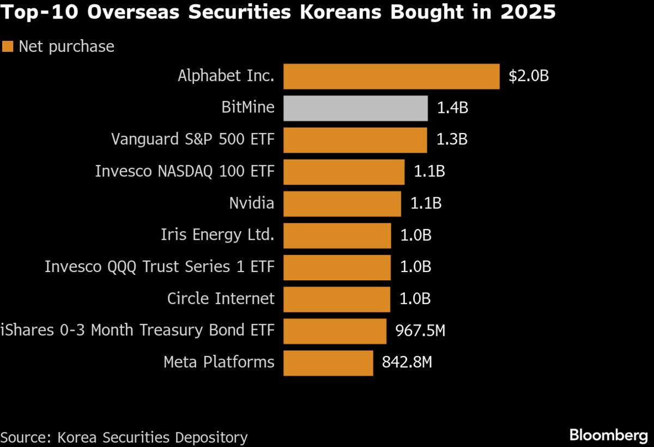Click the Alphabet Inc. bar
point(391,76)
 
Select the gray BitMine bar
point(355,108)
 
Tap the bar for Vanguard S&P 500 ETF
point(355,140)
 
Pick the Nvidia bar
point(342,203)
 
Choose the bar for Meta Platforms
point(328,363)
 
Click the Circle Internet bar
point(337,299)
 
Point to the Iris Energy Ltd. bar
point(337,235)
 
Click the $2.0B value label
point(528,76)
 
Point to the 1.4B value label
point(452,108)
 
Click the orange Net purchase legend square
point(8,47)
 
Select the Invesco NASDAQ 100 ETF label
point(185,171)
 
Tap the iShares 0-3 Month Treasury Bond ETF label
point(137,330)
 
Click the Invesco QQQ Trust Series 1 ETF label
point(160,267)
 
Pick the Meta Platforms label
point(219,362)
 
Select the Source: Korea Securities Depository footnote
point(124,437)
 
